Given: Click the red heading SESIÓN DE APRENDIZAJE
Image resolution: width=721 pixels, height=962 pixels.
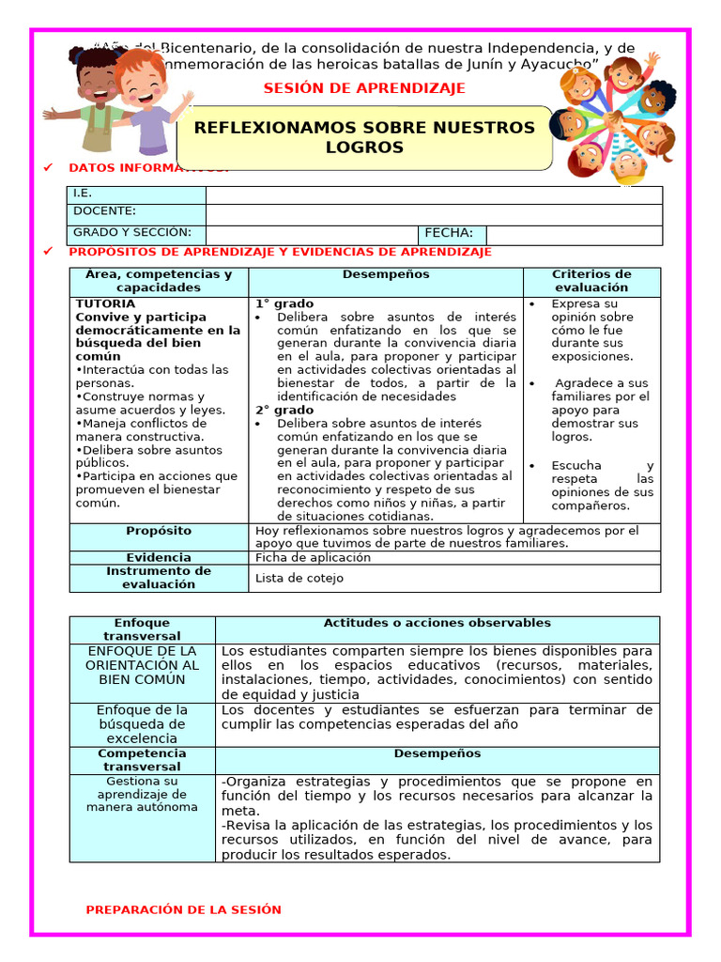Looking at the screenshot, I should point(364,88).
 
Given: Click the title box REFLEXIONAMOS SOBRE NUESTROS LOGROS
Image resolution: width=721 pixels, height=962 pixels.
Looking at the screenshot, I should point(364,137).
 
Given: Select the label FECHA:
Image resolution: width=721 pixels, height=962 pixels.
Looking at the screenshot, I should point(450,234).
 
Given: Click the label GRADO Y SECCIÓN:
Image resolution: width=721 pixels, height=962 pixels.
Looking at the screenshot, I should point(132,233).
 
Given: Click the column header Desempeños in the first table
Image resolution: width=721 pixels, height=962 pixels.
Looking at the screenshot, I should point(386,274).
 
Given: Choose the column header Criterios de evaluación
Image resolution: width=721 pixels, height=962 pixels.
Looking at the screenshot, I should point(591,281).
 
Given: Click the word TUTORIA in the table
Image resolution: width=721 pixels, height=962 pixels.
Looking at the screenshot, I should point(105,304).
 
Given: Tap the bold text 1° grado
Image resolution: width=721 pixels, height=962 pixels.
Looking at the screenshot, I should point(284,304).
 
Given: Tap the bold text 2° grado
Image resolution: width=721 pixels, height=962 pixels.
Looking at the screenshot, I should point(284,411).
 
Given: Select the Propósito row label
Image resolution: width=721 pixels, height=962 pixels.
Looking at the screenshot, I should point(159,532).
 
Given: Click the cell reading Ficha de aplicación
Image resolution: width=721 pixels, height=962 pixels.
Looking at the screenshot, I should point(313,557).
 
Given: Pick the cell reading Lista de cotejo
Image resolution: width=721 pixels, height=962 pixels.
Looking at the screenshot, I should point(299,578).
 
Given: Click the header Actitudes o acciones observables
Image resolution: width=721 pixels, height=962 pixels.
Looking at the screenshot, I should point(437,623).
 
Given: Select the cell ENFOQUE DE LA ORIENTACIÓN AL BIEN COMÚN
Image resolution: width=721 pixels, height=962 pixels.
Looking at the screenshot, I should point(142,664).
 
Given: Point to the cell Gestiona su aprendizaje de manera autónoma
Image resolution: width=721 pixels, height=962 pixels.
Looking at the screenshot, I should point(142,794).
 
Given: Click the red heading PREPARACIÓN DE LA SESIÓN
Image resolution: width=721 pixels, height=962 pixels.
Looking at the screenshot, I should point(183,909).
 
